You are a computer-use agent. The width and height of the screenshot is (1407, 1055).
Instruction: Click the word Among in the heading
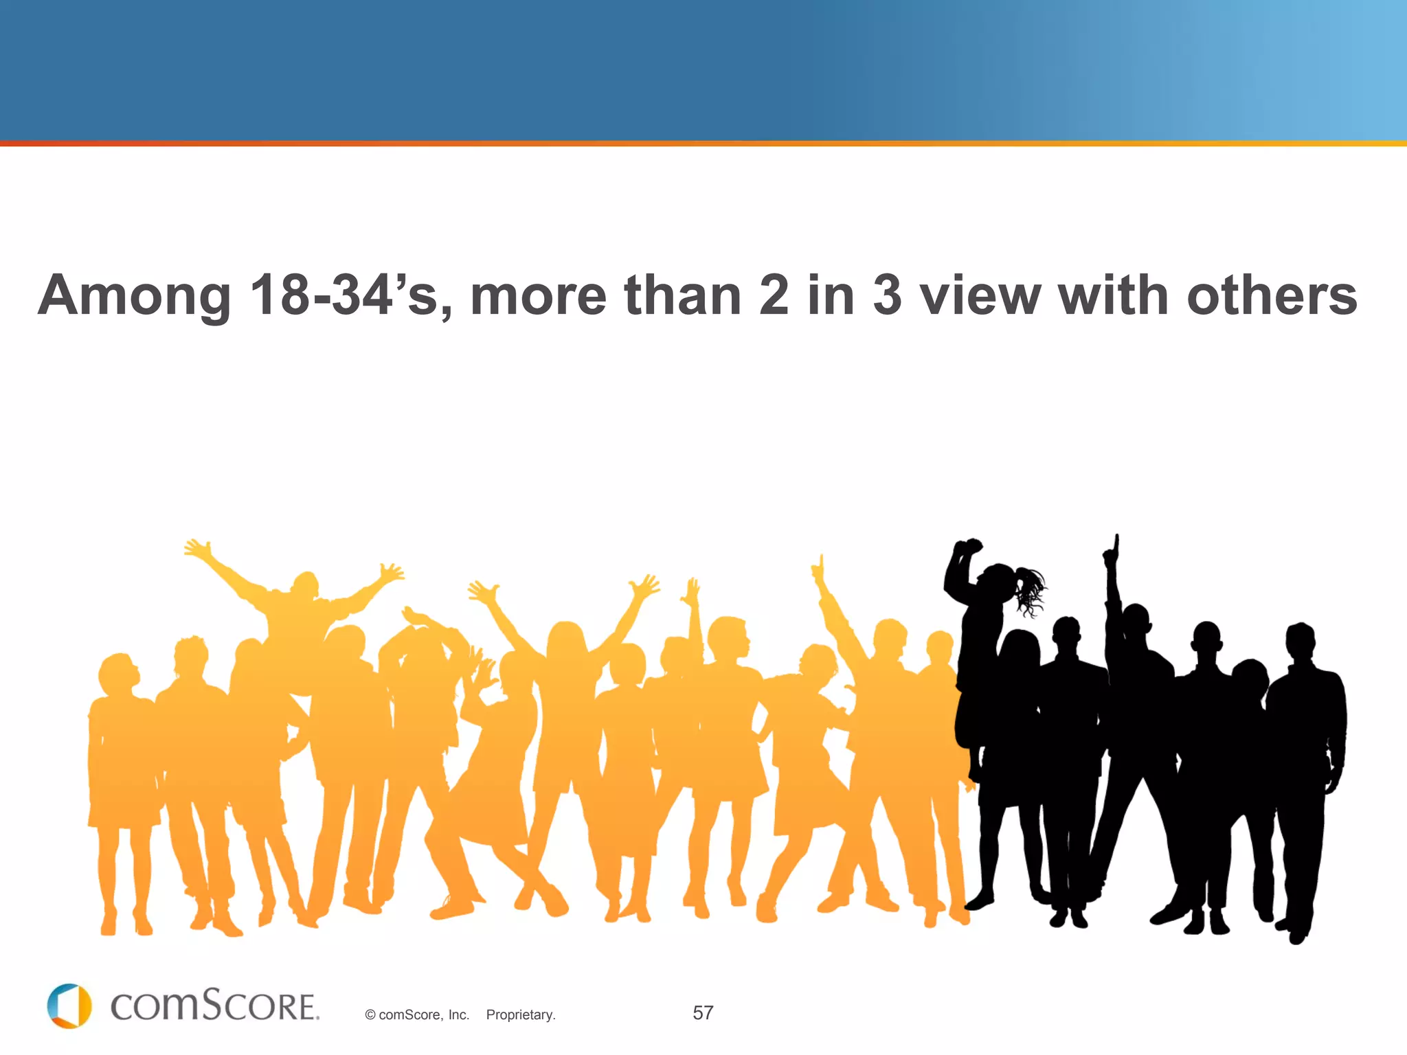point(135,296)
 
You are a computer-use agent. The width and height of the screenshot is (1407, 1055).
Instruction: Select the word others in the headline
point(1272,296)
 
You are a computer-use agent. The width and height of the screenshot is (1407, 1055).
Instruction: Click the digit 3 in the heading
point(887,296)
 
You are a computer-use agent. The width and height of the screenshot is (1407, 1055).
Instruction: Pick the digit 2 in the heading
point(774,296)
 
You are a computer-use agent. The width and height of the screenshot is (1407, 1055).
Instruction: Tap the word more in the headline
point(539,296)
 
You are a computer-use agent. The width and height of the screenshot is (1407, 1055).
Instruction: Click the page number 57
point(703,1012)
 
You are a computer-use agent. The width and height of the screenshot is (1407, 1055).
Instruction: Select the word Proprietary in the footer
point(520,1014)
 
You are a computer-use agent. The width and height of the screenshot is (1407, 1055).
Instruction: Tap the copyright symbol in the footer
point(370,1015)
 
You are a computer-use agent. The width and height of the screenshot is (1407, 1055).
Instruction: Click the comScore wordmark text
point(214,1006)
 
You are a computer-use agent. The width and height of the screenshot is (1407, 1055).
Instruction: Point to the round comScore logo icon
point(69,1006)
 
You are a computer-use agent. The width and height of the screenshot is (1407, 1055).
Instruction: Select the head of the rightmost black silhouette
point(1301,642)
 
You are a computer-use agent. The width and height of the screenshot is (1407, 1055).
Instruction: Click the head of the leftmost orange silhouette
point(117,673)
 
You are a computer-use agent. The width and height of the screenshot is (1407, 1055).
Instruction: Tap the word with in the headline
point(1113,296)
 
